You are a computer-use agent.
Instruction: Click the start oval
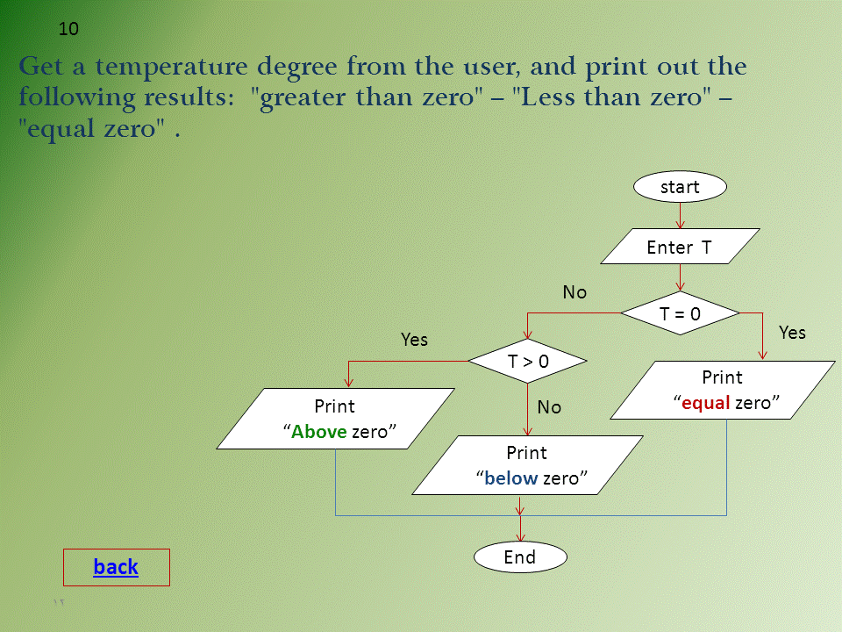pyautogui.click(x=680, y=186)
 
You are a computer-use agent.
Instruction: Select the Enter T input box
pyautogui.click(x=680, y=247)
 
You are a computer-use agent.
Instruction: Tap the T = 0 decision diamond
pyautogui.click(x=680, y=312)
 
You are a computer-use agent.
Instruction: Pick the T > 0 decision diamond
pyautogui.click(x=527, y=361)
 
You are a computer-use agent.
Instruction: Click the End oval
pyautogui.click(x=520, y=557)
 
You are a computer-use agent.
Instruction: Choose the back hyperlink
pyautogui.click(x=116, y=567)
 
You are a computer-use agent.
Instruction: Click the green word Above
pyautogui.click(x=319, y=432)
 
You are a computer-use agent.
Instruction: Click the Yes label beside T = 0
pyautogui.click(x=792, y=333)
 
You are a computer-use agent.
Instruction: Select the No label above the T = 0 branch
pyautogui.click(x=574, y=292)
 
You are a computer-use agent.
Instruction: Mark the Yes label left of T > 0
pyautogui.click(x=414, y=339)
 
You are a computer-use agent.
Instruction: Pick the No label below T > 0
pyautogui.click(x=549, y=407)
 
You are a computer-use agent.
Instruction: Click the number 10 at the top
pyautogui.click(x=68, y=29)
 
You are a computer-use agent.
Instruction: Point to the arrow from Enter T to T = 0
pyautogui.click(x=680, y=277)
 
